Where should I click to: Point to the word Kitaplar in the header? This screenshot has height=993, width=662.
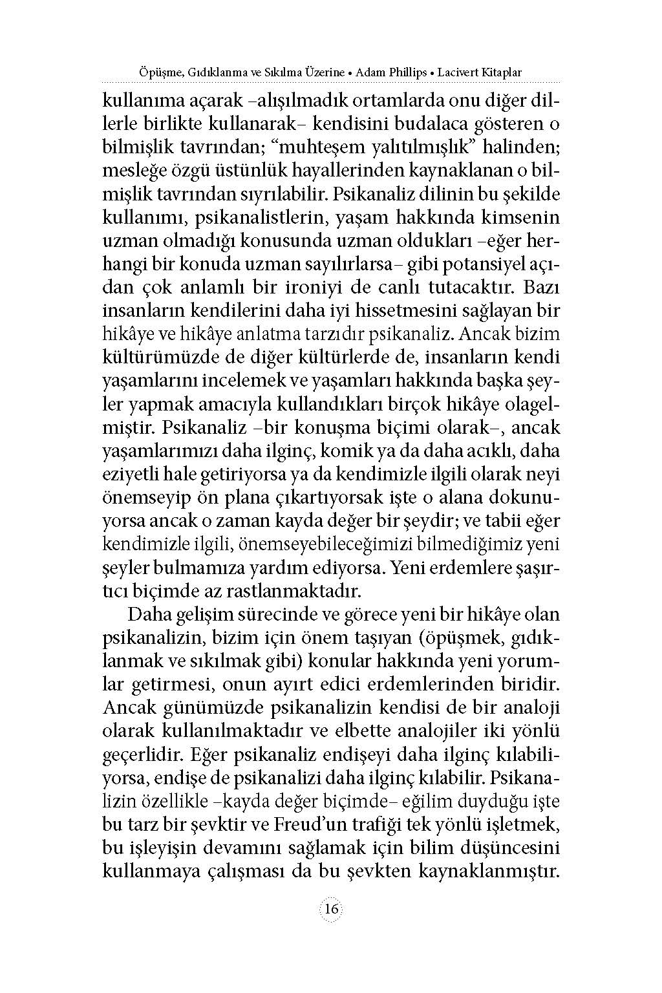[x=502, y=72]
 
